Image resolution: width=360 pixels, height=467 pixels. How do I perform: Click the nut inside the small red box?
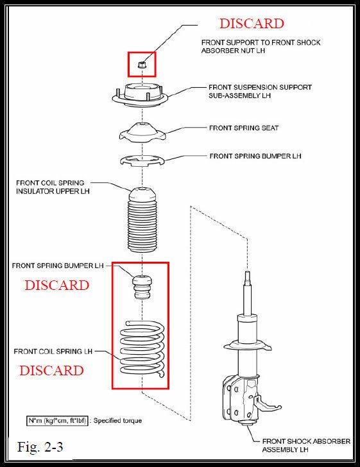142,64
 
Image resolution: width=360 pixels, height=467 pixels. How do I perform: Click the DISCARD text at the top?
252,24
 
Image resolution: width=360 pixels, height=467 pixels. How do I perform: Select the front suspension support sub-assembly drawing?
140,95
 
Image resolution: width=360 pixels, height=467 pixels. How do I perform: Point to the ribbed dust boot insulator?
142,220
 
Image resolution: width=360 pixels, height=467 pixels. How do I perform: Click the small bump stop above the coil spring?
142,287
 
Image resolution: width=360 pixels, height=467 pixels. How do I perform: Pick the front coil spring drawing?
142,347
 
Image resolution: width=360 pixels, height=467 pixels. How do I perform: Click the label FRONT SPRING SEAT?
244,128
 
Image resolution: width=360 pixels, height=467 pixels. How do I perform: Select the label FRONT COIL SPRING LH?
53,352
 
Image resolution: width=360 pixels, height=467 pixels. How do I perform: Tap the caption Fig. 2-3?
40,446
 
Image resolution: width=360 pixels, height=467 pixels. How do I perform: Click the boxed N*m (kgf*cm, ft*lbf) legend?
57,421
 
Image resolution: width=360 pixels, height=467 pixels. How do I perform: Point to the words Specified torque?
117,421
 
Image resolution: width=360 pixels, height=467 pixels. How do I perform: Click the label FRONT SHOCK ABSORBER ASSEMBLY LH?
306,445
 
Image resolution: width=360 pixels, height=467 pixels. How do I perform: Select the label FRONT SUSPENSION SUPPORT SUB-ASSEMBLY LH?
260,92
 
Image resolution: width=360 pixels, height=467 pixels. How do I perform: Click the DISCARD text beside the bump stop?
57,285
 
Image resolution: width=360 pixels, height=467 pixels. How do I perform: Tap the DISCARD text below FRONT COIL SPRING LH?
51,371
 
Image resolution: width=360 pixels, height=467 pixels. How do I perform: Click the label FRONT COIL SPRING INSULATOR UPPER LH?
53,187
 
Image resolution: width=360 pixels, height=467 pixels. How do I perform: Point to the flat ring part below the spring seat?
142,160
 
